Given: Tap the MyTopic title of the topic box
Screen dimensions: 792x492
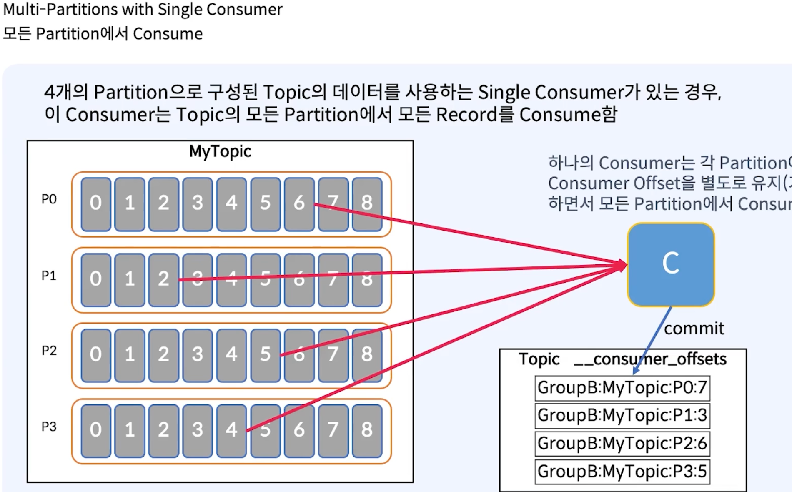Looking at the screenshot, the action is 220,151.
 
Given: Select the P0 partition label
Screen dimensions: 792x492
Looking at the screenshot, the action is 49,199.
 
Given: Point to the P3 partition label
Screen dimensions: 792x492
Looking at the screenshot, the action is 49,427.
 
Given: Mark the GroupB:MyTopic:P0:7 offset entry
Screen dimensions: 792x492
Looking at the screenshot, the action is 622,388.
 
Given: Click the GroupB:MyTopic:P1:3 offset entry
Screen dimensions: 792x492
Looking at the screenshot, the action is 622,415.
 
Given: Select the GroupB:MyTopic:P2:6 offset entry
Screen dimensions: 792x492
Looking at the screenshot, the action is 622,443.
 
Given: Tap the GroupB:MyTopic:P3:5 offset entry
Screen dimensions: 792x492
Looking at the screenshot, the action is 622,472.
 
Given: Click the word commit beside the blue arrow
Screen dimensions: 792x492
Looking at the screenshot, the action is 694,329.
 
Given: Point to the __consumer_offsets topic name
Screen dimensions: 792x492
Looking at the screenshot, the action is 650,359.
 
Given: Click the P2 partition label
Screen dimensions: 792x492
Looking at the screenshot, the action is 49,351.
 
